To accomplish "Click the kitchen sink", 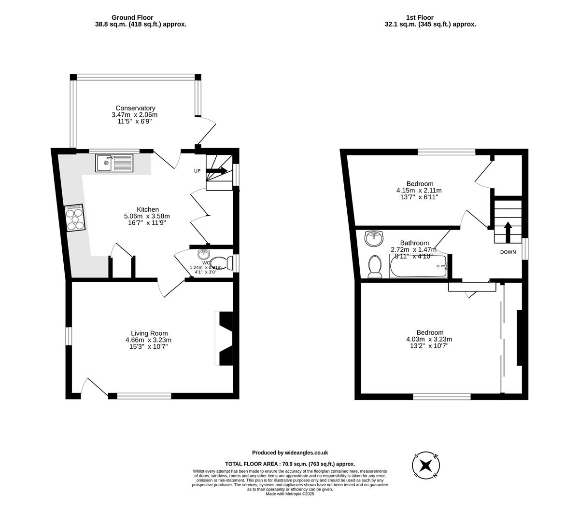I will pos(114,163).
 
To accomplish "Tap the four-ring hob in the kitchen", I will pos(74,218).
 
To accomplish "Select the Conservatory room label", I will pos(135,108).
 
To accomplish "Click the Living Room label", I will pos(149,333).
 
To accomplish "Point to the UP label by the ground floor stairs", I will pos(197,171).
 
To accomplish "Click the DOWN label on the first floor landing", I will pos(508,252).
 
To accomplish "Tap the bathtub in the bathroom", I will pos(419,266).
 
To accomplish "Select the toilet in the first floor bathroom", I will pos(374,267).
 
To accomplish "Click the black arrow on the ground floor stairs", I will pos(217,170).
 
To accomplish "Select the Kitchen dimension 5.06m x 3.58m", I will pos(147,216).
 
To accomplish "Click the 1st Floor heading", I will pos(420,17).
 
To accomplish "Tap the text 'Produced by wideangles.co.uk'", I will pos(290,452).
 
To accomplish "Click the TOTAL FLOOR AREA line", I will pos(290,464).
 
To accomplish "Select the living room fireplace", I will pos(225,339).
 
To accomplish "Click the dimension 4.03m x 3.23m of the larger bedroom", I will pos(429,339).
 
